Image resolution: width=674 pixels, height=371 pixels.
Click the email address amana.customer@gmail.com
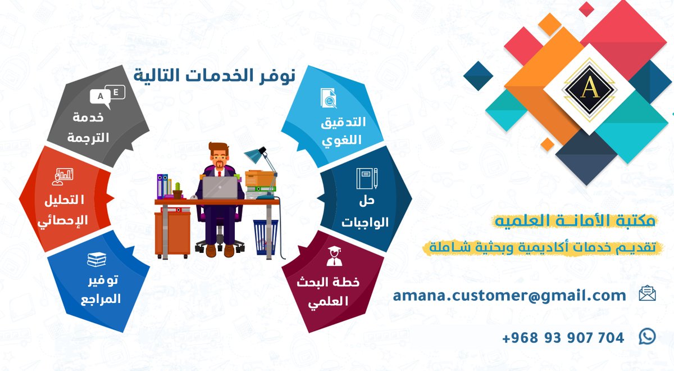coord(509,295)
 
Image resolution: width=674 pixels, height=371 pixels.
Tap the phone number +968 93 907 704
coord(563,338)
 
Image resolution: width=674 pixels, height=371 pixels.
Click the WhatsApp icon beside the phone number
coord(647,337)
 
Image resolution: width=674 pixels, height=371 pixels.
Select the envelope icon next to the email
coord(647,293)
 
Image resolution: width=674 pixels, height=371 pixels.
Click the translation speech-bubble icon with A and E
coord(108,95)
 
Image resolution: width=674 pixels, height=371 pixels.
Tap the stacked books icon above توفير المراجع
coord(97,260)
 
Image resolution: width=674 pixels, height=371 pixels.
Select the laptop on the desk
coord(219,187)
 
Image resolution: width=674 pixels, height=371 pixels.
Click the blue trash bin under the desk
coord(266,237)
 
